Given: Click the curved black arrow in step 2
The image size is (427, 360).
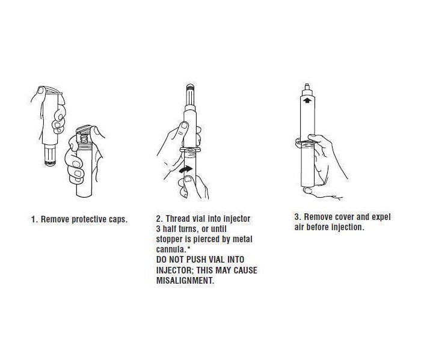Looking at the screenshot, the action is (x=186, y=170).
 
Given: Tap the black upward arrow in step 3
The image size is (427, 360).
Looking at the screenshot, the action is (x=307, y=100).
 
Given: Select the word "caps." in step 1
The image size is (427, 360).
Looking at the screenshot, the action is (x=118, y=219).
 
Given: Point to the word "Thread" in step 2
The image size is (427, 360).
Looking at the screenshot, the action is (x=178, y=219).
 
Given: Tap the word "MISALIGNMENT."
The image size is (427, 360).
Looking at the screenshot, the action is (x=185, y=281).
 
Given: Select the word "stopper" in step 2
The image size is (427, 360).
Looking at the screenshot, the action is (x=169, y=239).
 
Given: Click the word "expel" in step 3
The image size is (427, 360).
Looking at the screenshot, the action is (x=381, y=217).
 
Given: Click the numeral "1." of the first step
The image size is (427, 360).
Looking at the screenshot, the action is (x=35, y=219).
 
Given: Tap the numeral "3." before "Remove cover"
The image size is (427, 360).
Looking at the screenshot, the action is (x=298, y=217).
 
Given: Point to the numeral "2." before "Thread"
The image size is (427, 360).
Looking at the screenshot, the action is (x=159, y=219).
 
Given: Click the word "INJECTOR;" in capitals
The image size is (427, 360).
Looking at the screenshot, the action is (x=175, y=270).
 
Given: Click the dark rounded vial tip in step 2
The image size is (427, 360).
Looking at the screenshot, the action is (x=190, y=87).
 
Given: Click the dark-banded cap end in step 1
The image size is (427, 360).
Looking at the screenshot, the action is (x=51, y=163).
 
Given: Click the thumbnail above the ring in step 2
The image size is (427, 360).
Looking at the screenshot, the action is (x=185, y=125).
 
